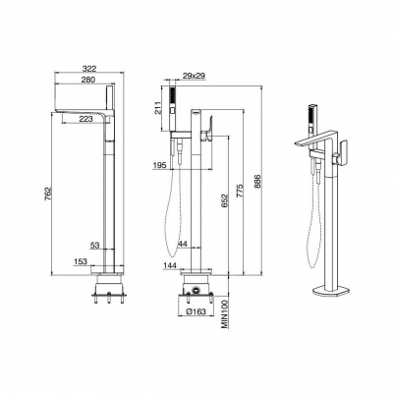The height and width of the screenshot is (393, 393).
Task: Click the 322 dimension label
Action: point(89,69)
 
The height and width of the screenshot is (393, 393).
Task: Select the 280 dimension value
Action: point(87,80)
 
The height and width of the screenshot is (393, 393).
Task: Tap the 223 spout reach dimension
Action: point(86,119)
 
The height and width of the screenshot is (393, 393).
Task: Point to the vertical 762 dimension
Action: point(48,195)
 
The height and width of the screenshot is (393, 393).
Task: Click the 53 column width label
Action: point(94,245)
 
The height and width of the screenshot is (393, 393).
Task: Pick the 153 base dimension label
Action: point(81,261)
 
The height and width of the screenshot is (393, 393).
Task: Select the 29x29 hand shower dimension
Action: point(194,76)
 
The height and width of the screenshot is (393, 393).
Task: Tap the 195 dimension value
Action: point(160,166)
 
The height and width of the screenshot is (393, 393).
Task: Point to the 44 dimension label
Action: point(183,244)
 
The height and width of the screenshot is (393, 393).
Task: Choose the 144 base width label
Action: point(170,264)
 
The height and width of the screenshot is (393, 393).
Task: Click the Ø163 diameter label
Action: point(195,311)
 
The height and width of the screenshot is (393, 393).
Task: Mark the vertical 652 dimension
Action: point(225,200)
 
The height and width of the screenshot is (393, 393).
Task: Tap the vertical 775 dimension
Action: point(240,191)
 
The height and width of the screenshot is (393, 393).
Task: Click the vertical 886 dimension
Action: point(257,181)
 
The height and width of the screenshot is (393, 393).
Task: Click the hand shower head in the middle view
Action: point(172,109)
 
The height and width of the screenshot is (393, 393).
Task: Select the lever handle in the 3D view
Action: point(343,151)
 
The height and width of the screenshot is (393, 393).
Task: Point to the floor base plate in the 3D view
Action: point(331,291)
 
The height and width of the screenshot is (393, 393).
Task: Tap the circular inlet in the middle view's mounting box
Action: point(196,290)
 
